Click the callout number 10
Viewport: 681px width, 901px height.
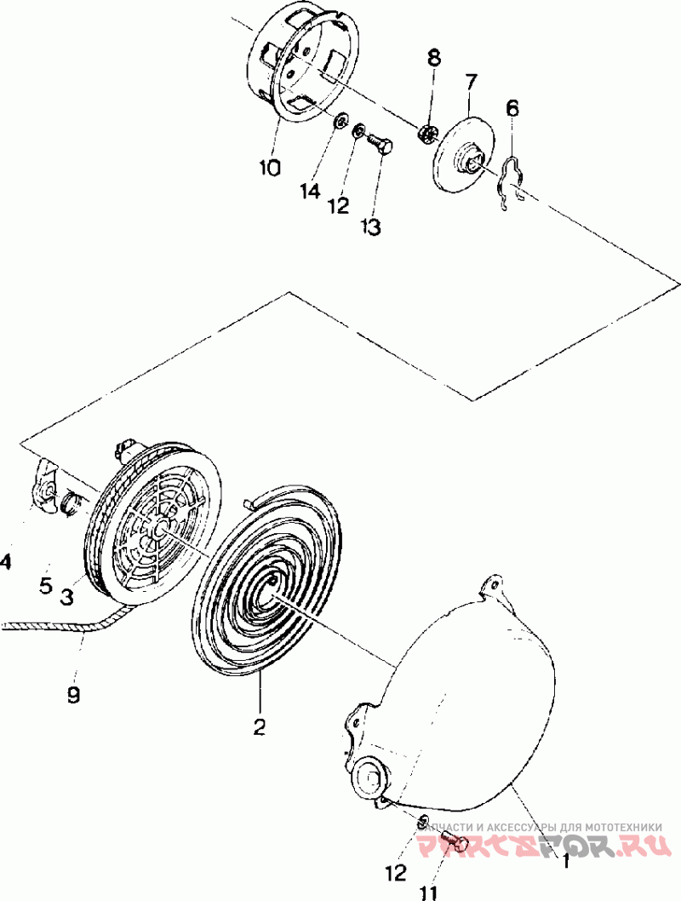click(269, 168)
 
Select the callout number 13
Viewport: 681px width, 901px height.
click(370, 227)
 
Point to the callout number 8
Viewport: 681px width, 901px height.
click(434, 58)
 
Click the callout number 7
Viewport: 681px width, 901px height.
click(471, 82)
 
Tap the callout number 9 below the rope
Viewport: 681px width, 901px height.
click(73, 695)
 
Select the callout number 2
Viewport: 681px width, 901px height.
click(259, 726)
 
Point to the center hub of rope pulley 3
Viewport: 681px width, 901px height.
click(158, 530)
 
